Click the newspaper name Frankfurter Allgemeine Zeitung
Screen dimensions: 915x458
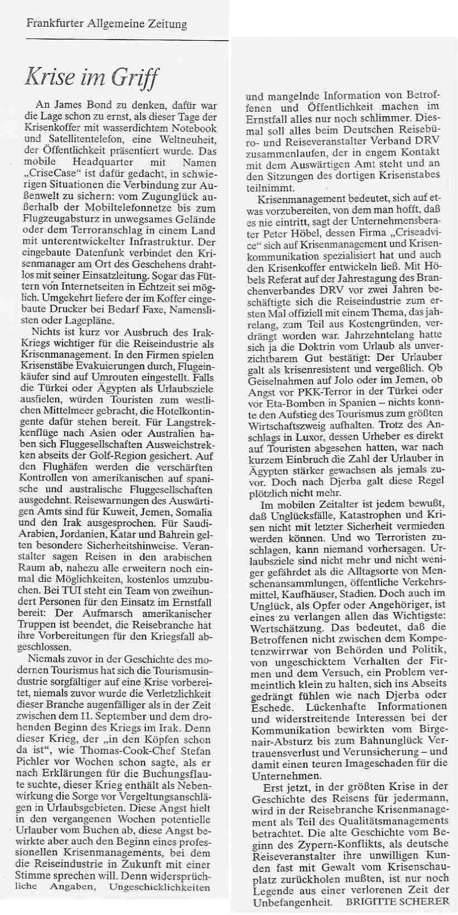[x=107, y=24]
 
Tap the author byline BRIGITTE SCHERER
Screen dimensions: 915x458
[x=397, y=902]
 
